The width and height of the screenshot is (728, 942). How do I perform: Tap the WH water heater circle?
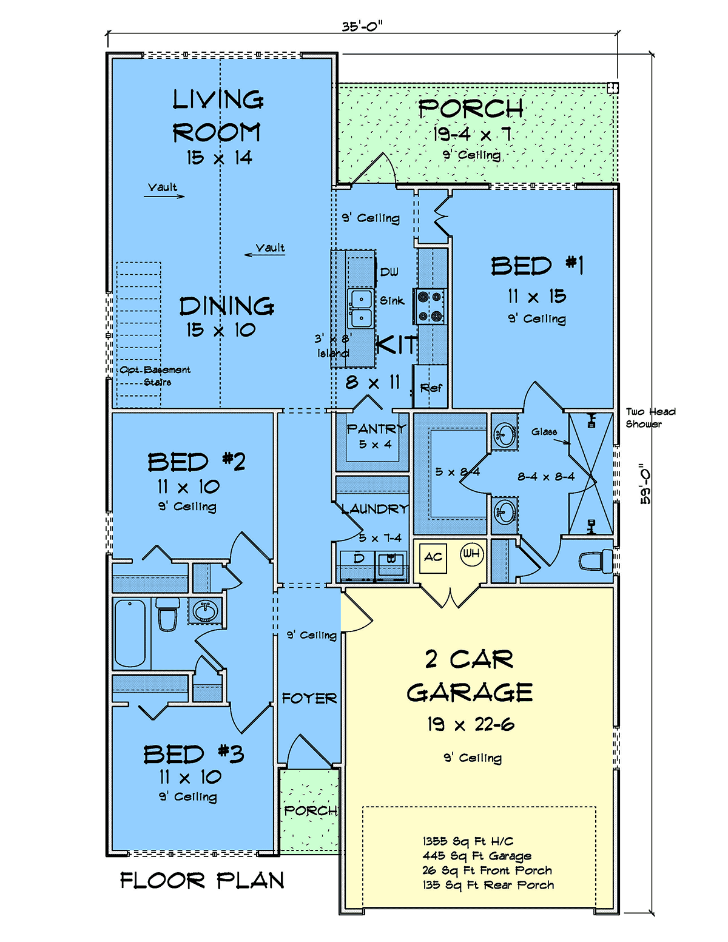coord(472,554)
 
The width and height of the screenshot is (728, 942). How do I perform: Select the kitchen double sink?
coord(360,309)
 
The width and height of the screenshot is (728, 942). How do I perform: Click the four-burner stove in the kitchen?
coord(430,306)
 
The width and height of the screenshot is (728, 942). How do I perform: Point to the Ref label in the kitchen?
coord(431,388)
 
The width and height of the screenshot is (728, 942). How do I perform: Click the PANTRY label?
coord(376,429)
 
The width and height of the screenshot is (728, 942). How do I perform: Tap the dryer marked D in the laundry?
coord(358,565)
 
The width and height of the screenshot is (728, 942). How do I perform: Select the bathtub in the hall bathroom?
coord(130,633)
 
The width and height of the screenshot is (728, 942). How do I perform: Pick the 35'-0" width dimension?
coord(362,27)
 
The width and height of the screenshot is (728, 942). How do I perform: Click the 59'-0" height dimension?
coord(645,484)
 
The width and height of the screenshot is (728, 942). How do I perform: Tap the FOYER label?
coord(309,698)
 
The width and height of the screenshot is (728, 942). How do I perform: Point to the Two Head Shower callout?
coord(650,417)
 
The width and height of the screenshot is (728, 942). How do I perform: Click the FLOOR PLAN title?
coord(202,881)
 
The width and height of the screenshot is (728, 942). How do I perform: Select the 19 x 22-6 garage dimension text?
coord(470,724)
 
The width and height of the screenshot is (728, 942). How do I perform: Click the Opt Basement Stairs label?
coord(155,376)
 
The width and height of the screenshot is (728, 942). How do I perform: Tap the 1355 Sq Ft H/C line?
coord(468,841)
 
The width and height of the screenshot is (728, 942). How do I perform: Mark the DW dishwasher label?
coord(389,272)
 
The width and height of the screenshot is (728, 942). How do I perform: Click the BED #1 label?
coord(537,266)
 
